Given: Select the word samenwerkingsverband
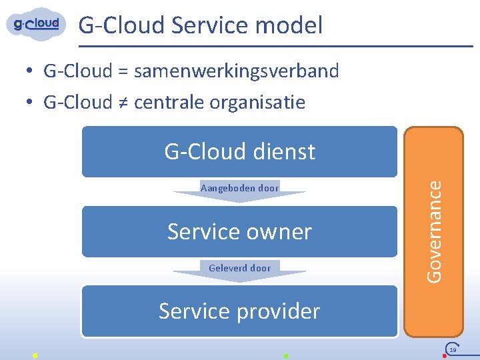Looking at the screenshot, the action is (237, 70).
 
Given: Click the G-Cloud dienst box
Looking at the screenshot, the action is (239, 152).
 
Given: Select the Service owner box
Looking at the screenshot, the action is (239, 231).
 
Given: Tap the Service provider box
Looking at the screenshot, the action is (239, 311).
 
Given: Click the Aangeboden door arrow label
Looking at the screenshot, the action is (239, 188).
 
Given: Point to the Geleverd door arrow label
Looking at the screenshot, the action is (239, 268).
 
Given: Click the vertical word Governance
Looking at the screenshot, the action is (435, 230).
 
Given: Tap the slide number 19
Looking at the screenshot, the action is (453, 349).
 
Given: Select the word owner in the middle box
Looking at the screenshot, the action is (281, 231).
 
